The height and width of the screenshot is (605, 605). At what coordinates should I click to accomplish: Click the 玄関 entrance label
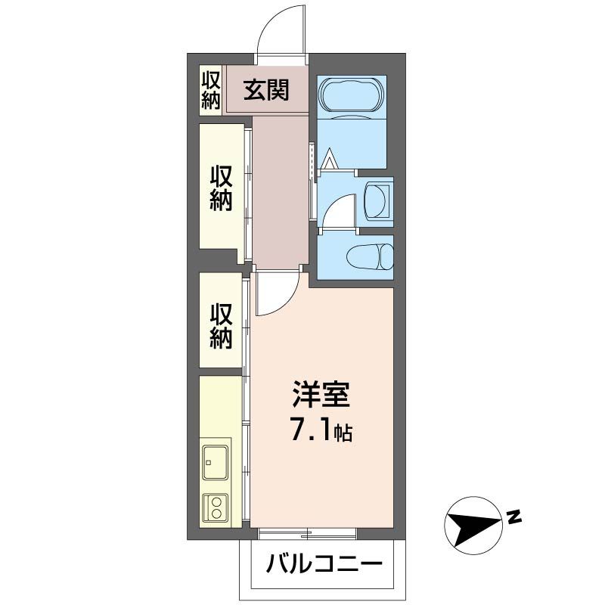266,91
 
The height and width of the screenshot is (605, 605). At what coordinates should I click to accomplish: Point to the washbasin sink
376,201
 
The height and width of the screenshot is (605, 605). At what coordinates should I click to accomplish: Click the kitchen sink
216,462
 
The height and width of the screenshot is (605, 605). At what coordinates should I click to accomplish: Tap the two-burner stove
216,506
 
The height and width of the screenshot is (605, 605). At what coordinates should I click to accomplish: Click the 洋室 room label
321,396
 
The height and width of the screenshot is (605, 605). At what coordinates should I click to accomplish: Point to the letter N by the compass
513,517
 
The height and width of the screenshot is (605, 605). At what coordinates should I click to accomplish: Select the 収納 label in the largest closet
221,188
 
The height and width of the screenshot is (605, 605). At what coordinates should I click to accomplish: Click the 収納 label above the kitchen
221,325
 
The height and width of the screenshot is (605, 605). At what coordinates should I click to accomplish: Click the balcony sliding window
307,534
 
